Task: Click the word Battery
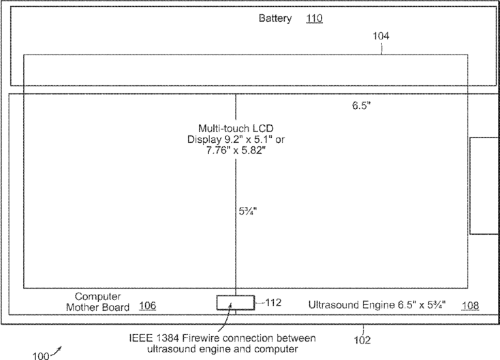275,18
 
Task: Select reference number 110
314,18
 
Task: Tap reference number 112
272,303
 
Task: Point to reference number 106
147,306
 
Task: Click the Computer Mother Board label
97,301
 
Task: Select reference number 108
469,306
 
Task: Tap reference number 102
362,336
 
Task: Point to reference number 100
41,354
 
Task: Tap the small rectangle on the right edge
484,185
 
